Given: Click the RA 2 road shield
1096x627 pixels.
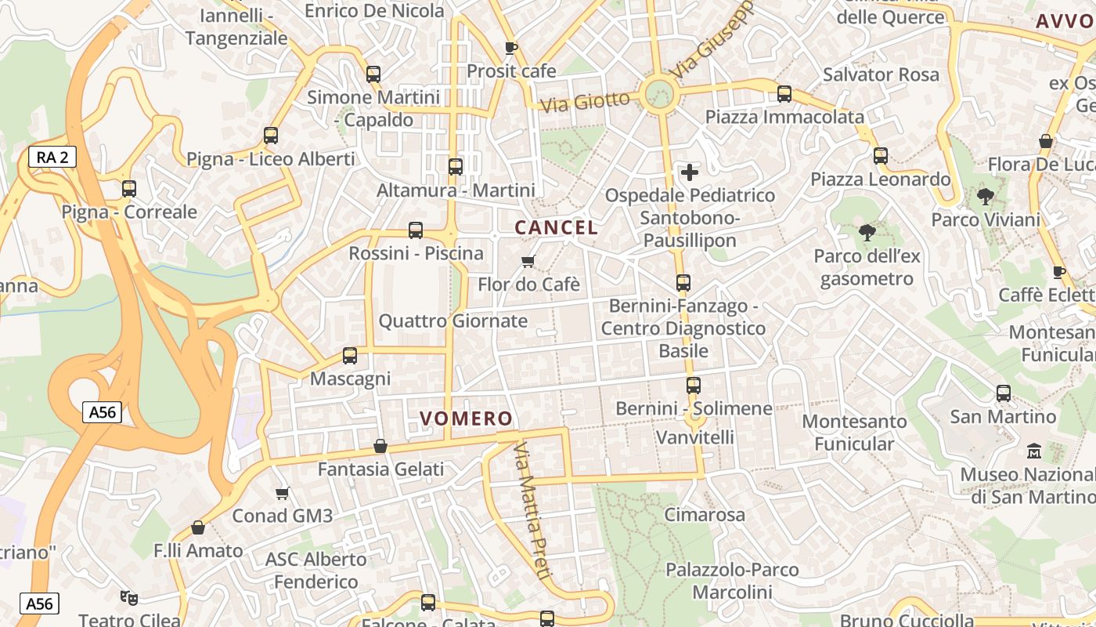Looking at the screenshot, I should coord(52,157).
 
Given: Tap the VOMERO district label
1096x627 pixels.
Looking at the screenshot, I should coord(466,419).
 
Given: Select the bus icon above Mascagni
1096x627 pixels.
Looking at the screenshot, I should coord(350,356).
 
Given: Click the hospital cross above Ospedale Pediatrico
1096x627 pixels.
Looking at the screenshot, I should coord(690,172).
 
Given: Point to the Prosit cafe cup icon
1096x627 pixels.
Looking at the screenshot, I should coord(511,48).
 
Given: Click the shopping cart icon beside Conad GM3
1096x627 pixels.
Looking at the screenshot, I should coord(283,493).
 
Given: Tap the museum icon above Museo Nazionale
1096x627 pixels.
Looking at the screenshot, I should coord(1034,451).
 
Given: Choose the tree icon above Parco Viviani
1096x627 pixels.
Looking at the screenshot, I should coord(986,196).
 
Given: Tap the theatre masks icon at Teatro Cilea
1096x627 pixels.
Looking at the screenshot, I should coord(129,598).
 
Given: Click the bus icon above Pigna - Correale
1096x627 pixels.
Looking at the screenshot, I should coord(129,189).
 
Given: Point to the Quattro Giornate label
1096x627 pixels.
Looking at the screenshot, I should coord(453,321).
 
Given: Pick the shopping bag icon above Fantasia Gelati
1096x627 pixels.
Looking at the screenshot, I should coord(380,446).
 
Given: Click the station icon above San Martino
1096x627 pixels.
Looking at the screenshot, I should coord(1004,393).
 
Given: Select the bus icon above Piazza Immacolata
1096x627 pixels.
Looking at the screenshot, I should coord(784,94).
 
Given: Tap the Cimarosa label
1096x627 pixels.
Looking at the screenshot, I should coord(705,515).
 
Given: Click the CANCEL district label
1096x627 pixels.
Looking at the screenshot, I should coord(556,228).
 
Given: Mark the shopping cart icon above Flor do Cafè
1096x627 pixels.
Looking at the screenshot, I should coord(528,261).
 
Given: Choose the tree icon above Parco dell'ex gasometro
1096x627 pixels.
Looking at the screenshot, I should coord(867,232).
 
